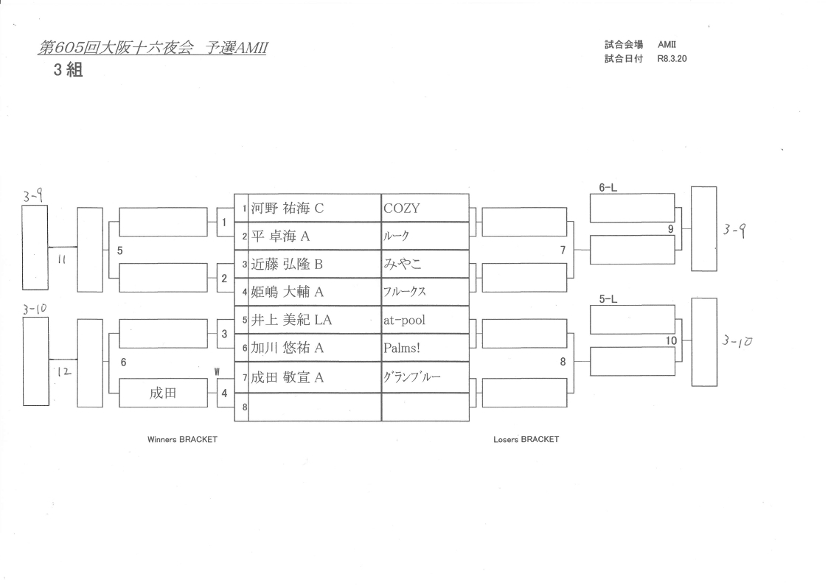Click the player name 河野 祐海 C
click(x=288, y=209)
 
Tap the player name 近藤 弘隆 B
click(x=288, y=265)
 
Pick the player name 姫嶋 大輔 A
click(x=288, y=292)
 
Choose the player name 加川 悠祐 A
click(x=288, y=348)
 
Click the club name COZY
click(x=401, y=209)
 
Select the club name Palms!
click(x=401, y=348)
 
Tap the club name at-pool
click(x=404, y=320)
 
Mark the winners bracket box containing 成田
click(x=162, y=393)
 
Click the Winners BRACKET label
click(x=183, y=439)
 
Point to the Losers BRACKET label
click(x=526, y=439)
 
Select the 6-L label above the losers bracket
click(x=608, y=188)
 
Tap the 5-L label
click(x=608, y=300)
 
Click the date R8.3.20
click(x=672, y=59)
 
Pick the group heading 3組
click(x=67, y=73)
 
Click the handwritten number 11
click(x=61, y=259)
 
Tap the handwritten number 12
click(x=64, y=373)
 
